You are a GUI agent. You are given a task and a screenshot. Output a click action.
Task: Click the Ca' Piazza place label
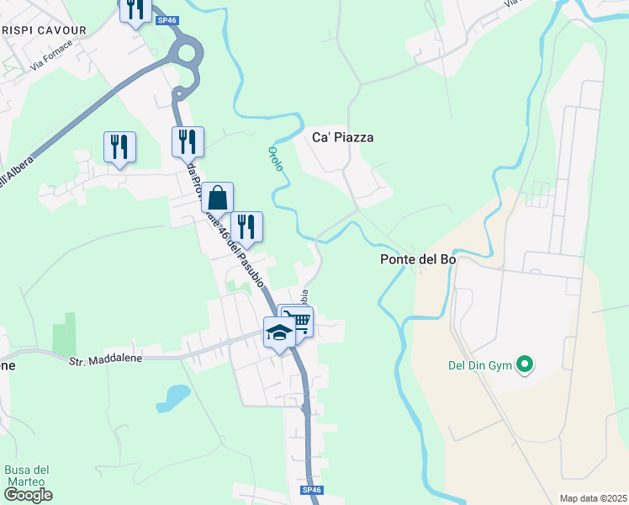pos(342,137)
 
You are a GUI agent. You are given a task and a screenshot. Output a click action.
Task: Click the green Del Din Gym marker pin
pos(526,364)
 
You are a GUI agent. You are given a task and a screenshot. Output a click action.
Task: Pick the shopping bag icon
pos(217,198)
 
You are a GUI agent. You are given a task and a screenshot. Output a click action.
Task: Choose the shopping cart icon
pos(298,320)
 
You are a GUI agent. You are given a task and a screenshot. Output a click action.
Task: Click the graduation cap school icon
pos(279,332)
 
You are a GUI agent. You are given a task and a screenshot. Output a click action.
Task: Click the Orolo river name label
pos(276,157)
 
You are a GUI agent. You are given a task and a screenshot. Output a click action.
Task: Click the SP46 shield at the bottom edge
pos(311,490)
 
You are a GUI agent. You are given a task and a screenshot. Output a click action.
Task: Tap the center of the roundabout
pos(185,53)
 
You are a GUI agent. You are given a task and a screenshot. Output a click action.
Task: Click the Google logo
pos(28,495)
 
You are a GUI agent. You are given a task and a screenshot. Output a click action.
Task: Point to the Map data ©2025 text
pos(593,498)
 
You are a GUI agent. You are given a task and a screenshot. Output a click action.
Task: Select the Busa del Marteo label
pos(28,476)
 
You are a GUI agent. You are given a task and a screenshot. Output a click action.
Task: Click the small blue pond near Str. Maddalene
pos(173,396)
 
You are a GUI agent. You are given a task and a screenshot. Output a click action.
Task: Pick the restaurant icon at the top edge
pos(135,9)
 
